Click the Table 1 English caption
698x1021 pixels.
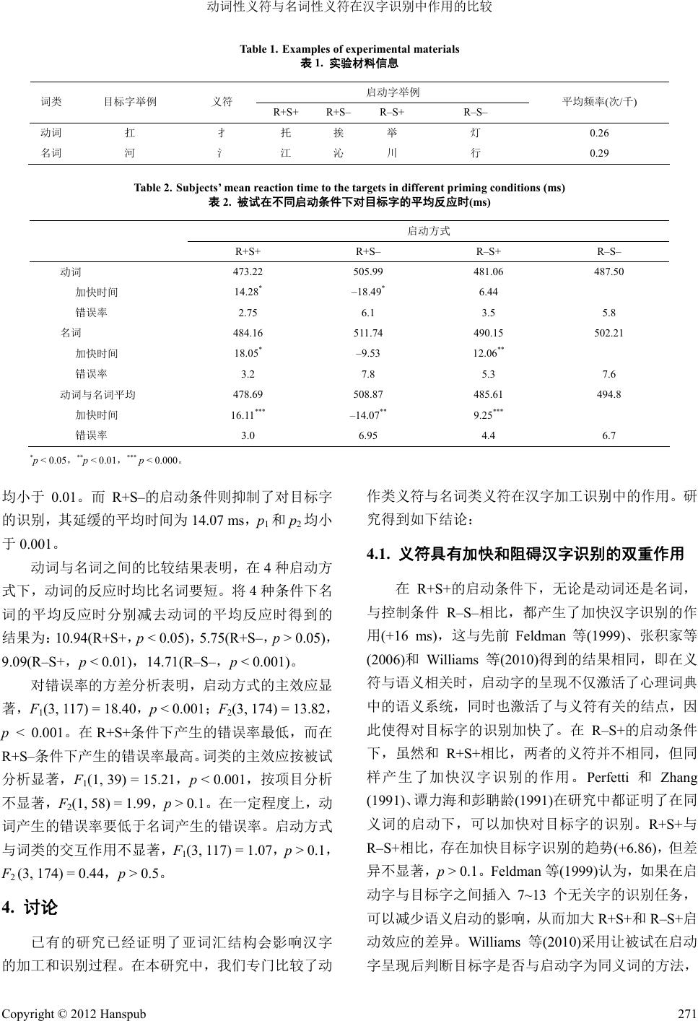click(349, 49)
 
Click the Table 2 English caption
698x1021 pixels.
click(349, 188)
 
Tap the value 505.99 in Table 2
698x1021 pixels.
click(369, 271)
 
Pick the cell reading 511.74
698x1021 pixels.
click(369, 333)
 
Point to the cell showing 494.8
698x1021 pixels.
click(608, 394)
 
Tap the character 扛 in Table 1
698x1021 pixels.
click(130, 133)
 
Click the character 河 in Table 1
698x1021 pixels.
click(130, 153)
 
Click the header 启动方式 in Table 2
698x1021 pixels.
click(429, 230)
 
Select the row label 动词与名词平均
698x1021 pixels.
click(97, 394)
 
